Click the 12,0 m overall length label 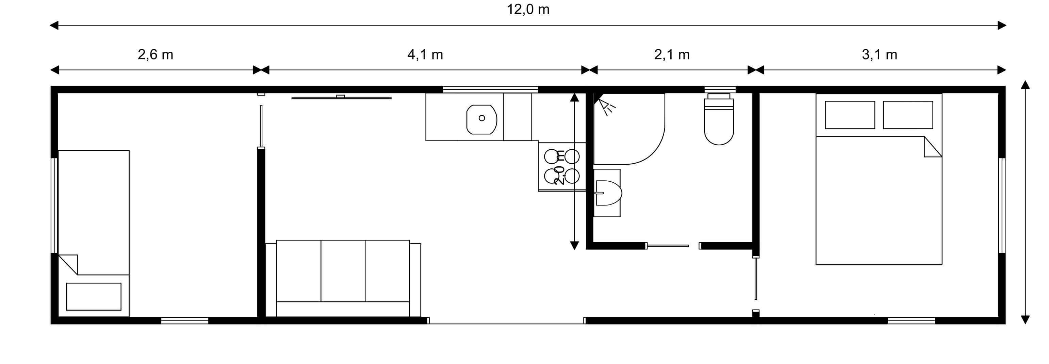point(528,10)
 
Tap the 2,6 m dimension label point(155,54)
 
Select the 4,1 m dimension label point(425,54)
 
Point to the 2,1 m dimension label point(672,54)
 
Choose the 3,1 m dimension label point(880,54)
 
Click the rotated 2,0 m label point(560,168)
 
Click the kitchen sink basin point(482,119)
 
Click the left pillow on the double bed point(850,115)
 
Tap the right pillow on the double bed point(908,115)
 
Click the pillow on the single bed point(94,296)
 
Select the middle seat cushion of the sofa point(343,271)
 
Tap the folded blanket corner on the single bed point(68,264)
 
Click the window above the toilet point(720,89)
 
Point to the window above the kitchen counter point(490,89)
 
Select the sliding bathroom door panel point(668,246)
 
